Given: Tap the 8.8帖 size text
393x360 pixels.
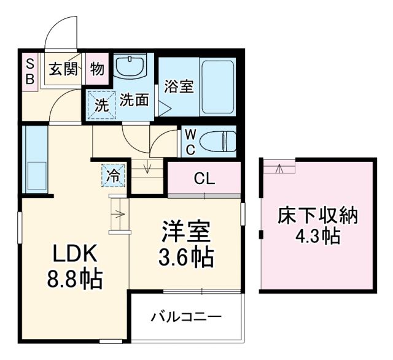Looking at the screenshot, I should click(x=75, y=279).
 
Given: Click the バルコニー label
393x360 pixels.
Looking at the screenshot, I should click(x=186, y=317).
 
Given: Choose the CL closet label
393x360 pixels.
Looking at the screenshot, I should click(x=204, y=178).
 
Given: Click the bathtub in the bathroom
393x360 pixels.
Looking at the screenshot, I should click(x=217, y=86).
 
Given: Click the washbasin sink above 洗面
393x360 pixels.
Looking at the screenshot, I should click(x=130, y=66).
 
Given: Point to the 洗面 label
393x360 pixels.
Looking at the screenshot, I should click(x=134, y=100).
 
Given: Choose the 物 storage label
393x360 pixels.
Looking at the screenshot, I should click(x=97, y=68).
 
